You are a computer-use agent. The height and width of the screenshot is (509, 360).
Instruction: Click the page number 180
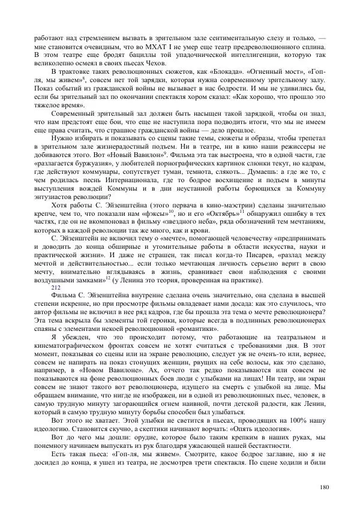pyautogui.click(x=324, y=486)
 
